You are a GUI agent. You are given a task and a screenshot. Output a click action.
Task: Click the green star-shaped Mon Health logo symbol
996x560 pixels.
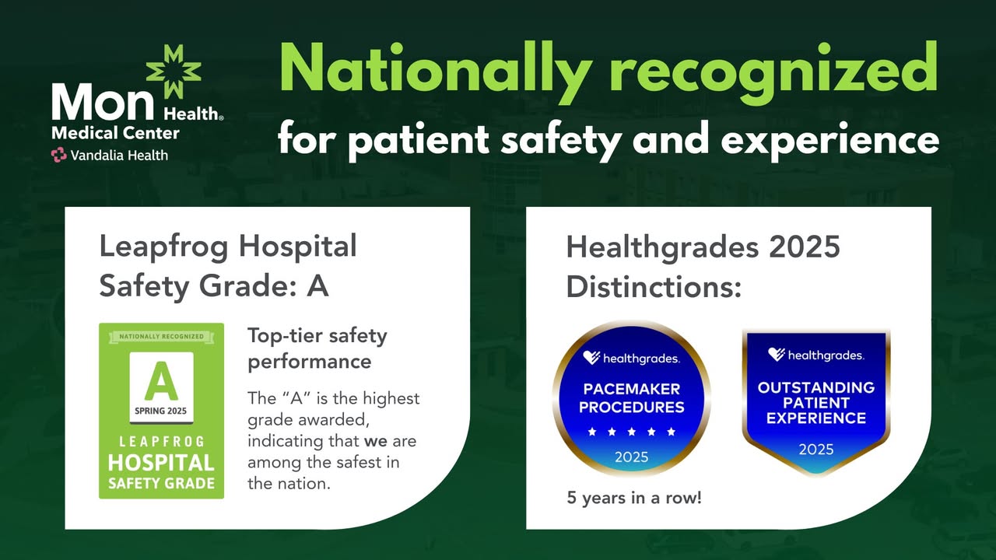(x=174, y=71)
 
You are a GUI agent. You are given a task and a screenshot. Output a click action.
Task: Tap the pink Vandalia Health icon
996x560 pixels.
(x=58, y=155)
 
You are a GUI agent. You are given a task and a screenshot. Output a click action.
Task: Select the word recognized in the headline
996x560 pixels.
(x=774, y=71)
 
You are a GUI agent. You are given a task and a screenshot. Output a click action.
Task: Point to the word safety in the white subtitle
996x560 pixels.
(x=561, y=139)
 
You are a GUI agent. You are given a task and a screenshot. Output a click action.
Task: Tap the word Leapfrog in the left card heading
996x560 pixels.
(x=163, y=247)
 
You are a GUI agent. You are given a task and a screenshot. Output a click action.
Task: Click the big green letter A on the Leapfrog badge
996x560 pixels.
(x=161, y=381)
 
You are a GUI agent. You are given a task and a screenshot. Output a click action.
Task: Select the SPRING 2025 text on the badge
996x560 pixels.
(x=160, y=411)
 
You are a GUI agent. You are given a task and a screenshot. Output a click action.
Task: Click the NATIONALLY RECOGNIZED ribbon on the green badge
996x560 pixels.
(x=161, y=337)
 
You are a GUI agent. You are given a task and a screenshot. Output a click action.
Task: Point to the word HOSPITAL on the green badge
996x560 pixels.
(x=161, y=463)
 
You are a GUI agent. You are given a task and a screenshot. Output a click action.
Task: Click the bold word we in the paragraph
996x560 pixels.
(x=376, y=441)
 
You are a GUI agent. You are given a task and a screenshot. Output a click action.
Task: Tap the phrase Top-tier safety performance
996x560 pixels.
(x=317, y=349)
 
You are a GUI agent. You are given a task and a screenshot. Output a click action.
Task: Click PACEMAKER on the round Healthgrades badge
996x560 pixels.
(x=631, y=390)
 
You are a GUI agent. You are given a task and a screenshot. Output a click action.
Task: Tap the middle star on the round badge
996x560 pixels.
(x=631, y=432)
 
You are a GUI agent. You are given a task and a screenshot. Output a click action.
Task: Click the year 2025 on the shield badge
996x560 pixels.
(x=816, y=450)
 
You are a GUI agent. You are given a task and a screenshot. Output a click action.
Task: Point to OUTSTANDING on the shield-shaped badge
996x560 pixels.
(x=816, y=387)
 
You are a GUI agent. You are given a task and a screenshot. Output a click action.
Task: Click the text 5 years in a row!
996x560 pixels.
(x=634, y=498)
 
